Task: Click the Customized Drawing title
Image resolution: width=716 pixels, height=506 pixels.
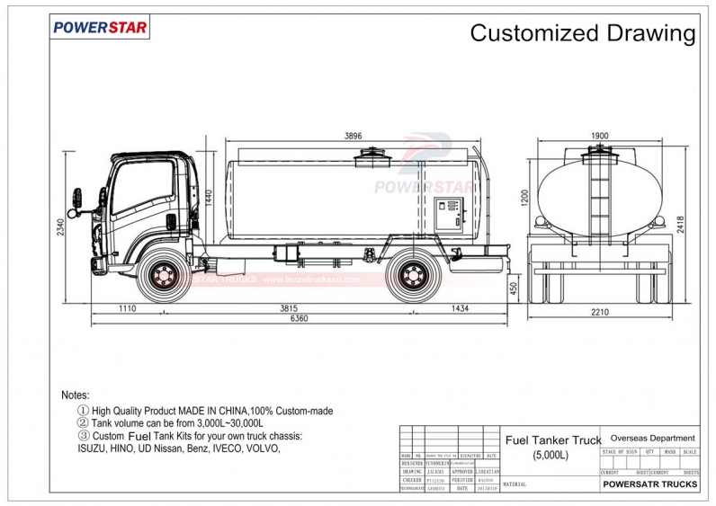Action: coord(583,34)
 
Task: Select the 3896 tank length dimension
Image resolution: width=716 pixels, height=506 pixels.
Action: coord(353,136)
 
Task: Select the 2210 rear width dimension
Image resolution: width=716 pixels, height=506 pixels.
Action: coord(601,312)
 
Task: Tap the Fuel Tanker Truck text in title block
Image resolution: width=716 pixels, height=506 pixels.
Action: coord(552,440)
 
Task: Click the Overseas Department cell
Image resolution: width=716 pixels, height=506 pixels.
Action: coord(651,438)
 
